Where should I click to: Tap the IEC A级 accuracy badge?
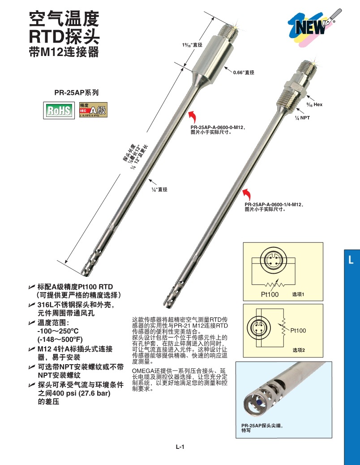93,110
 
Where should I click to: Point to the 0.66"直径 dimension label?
244,72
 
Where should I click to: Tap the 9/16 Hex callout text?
314,104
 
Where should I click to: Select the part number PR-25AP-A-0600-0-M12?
219,128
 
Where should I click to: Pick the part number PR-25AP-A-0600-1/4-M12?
274,205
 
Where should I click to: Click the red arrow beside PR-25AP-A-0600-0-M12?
193,117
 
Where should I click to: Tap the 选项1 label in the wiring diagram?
298,294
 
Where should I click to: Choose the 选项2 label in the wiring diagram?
298,349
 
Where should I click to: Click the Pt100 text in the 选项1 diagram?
270,294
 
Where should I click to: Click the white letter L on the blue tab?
351,259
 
